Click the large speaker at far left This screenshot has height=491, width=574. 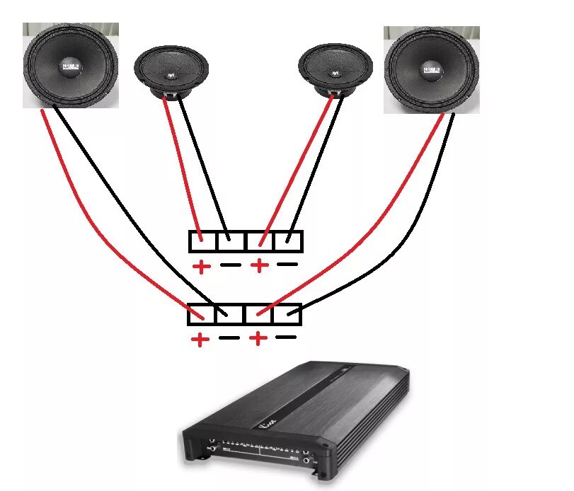tap(71, 65)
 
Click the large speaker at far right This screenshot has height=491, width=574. tap(432, 70)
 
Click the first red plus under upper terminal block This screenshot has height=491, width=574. tap(202, 267)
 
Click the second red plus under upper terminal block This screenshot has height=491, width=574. tap(259, 266)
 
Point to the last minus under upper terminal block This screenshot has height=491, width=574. tap(287, 265)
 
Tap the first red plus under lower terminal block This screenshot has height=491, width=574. tap(200, 340)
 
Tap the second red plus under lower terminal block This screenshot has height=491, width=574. tap(258, 339)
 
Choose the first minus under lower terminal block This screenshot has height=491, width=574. tap(229, 337)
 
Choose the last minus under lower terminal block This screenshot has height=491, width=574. tap(286, 337)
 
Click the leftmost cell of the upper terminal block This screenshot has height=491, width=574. tap(203, 241)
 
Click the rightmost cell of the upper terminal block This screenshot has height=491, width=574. tap(289, 241)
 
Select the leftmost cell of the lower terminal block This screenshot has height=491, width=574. tap(202, 314)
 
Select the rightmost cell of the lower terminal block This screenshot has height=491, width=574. tap(287, 314)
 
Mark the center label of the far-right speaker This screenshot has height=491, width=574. tap(431, 70)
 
